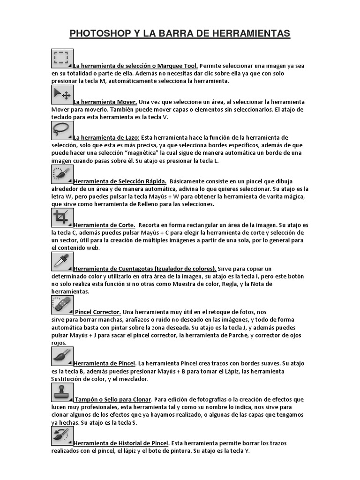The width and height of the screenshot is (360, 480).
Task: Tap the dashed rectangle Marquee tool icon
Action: tap(62, 58)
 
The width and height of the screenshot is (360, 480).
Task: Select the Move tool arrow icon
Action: tap(62, 94)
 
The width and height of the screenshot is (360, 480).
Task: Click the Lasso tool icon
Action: tap(62, 130)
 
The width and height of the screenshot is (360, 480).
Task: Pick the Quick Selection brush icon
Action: tap(62, 174)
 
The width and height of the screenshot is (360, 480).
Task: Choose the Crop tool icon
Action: tap(62, 217)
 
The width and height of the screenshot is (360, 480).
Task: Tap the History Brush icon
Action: tap(62, 435)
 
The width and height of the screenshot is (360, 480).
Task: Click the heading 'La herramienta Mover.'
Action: tap(105, 102)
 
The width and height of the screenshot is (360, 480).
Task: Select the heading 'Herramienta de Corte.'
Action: tap(105, 225)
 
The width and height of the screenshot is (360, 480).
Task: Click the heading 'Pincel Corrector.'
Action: tap(98, 312)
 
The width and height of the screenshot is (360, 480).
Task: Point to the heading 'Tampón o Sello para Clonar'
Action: tap(112, 399)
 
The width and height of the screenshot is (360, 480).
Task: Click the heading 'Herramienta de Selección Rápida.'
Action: tap(120, 181)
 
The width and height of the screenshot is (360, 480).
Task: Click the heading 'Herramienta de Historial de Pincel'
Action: tap(121, 443)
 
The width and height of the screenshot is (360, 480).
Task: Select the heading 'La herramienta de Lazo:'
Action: tap(106, 137)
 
